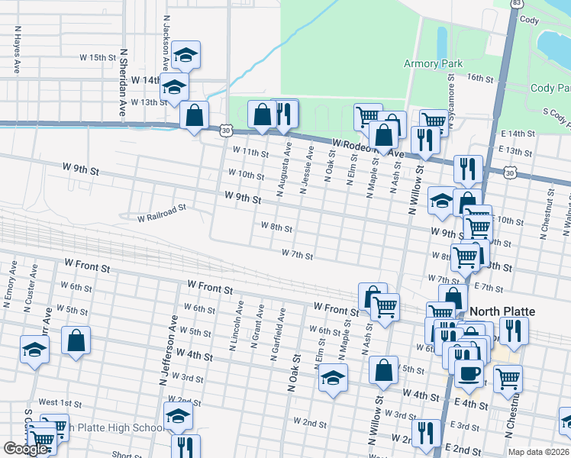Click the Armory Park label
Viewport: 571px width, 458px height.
[x=432, y=63]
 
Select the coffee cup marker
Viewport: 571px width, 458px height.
[x=469, y=373]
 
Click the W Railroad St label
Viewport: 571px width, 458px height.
[x=162, y=214]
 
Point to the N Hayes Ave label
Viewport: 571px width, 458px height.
[x=16, y=51]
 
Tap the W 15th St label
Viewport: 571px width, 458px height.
[x=97, y=57]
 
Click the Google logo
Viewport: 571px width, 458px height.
[x=24, y=449]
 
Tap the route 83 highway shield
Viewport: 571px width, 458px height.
[x=518, y=4]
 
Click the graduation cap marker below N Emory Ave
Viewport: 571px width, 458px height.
[x=35, y=349]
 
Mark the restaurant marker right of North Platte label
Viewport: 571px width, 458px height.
[x=514, y=330]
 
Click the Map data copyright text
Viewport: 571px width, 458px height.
[x=538, y=452]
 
